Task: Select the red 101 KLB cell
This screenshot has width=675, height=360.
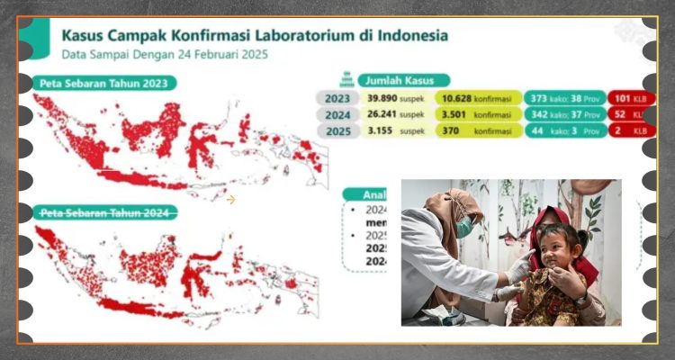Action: (x=630, y=98)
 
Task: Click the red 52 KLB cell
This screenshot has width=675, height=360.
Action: (x=630, y=114)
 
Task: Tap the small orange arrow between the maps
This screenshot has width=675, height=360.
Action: (x=231, y=200)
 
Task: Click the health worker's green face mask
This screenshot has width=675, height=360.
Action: (x=463, y=229)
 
